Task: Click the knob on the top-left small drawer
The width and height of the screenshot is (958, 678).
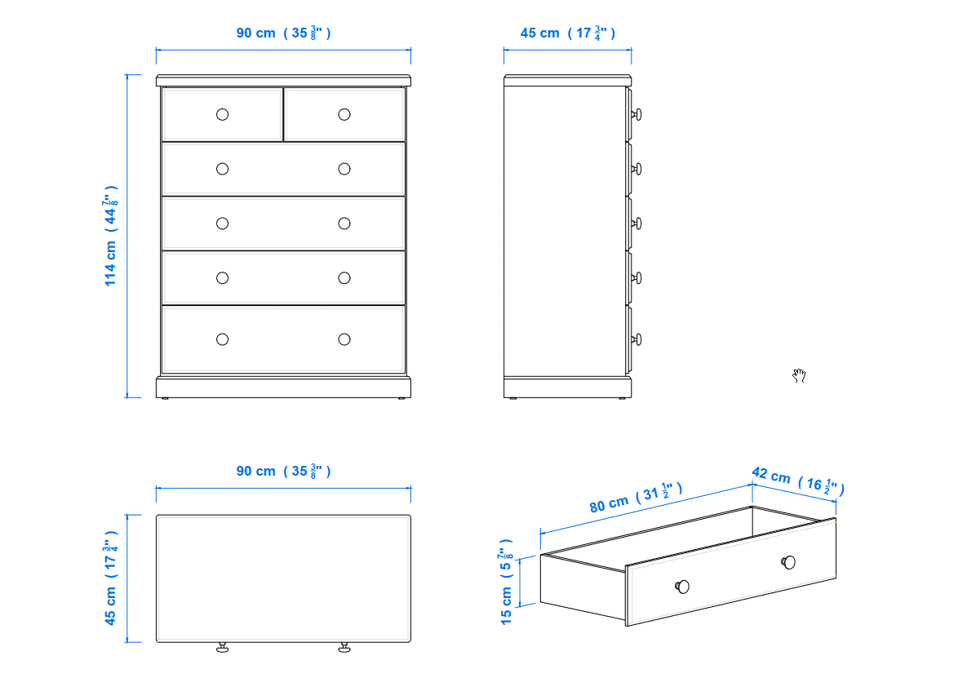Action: (223, 114)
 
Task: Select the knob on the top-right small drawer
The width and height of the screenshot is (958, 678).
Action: (344, 114)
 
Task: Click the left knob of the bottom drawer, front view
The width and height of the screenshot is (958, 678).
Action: (223, 339)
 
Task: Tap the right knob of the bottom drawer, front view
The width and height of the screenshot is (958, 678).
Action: (344, 339)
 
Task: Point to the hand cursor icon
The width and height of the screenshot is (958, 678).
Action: (799, 375)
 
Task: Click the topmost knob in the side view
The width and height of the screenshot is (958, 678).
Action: (636, 114)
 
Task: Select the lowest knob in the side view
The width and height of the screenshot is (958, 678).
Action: (636, 339)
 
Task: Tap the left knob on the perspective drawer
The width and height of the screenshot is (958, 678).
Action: (682, 587)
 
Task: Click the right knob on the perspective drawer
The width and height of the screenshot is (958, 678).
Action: (789, 562)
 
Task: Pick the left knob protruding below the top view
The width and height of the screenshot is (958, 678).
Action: (223, 648)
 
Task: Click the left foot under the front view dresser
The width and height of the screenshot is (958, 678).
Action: (164, 398)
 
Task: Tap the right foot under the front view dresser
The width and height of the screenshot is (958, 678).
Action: (401, 398)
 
